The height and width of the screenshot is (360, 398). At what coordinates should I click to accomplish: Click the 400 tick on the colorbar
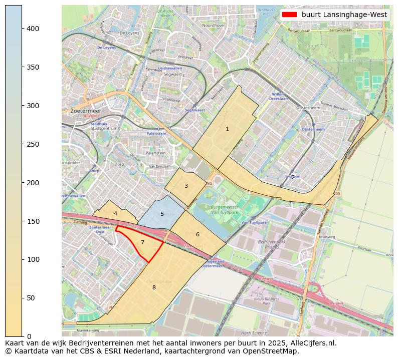pyautogui.click(x=22, y=29)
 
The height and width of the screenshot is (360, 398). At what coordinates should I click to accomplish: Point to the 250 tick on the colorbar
pyautogui.click(x=22, y=144)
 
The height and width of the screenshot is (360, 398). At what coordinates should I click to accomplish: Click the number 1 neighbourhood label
pyautogui.click(x=227, y=129)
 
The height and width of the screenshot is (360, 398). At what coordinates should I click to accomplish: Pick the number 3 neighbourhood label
pyautogui.click(x=186, y=186)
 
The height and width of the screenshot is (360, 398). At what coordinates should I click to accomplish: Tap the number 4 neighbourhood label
pyautogui.click(x=115, y=213)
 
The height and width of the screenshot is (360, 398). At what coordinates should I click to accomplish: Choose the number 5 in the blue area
pyautogui.click(x=162, y=214)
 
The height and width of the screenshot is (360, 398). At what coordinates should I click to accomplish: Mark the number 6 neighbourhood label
pyautogui.click(x=197, y=234)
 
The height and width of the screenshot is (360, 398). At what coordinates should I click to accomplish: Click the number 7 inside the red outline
pyautogui.click(x=142, y=242)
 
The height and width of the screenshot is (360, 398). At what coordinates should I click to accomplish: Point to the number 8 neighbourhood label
pyautogui.click(x=154, y=287)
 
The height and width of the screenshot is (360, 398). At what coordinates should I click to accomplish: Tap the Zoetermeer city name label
pyautogui.click(x=86, y=111)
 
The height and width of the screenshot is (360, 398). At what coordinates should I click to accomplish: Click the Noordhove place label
pyautogui.click(x=213, y=25)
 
